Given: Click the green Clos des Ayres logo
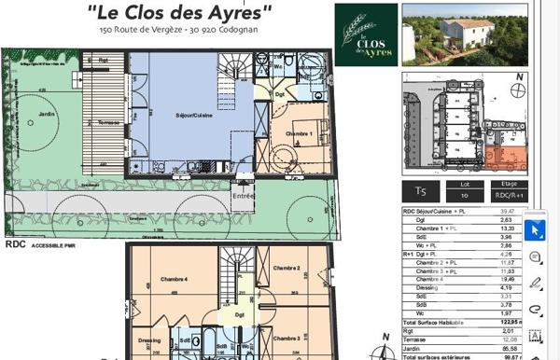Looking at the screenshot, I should pos(364,35).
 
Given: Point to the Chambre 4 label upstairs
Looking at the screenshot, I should pos(174,279).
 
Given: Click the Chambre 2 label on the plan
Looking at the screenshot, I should pos(286,270).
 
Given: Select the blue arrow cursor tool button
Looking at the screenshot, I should pos(536,228).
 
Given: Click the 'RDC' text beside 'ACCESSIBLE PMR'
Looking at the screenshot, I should pos(16,243).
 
